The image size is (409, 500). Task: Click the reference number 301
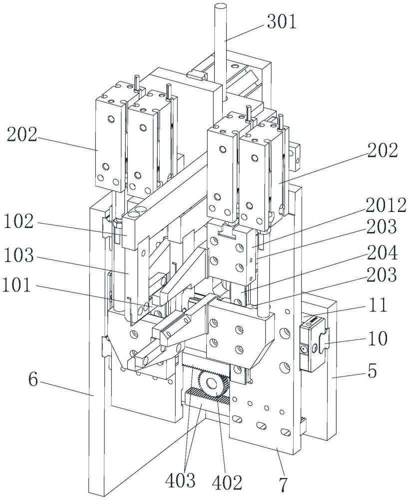click(x=282, y=21)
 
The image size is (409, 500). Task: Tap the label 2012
click(x=386, y=205)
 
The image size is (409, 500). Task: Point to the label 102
click(x=19, y=221)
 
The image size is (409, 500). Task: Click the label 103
click(x=19, y=255)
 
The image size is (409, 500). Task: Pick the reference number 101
click(x=16, y=285)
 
